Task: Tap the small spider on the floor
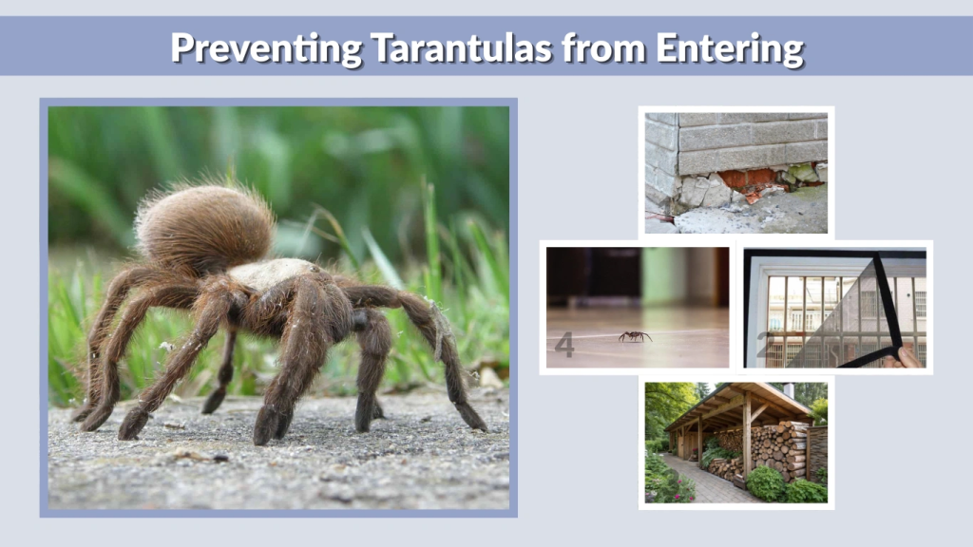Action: click(635, 336)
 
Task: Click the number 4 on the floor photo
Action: click(564, 346)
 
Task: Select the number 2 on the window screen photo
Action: click(762, 344)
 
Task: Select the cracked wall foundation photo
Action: click(735, 171)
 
